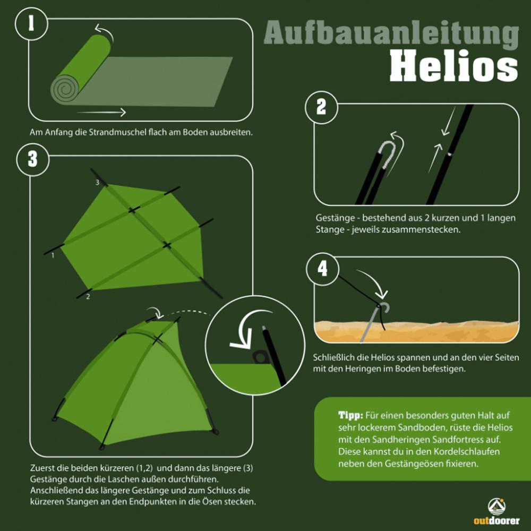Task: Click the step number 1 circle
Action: tap(31, 24)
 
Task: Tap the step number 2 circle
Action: tap(321, 107)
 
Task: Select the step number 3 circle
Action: tap(32, 159)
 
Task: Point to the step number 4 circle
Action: tap(322, 269)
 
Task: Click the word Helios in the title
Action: tap(454, 66)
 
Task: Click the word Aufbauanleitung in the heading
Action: tap(391, 33)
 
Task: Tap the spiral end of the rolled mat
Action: tap(65, 89)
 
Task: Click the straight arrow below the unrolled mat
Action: tap(101, 112)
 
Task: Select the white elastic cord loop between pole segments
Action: tap(387, 154)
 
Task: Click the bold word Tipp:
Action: tap(350, 415)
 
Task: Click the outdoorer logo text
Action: tap(496, 520)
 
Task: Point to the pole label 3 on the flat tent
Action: tap(97, 183)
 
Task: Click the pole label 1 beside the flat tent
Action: tap(53, 255)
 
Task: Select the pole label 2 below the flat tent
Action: tap(88, 297)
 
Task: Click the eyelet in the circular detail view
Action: tap(260, 357)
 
